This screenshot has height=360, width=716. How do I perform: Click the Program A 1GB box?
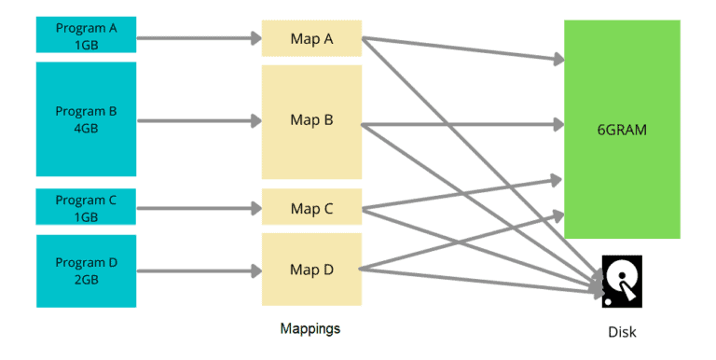pos(86,35)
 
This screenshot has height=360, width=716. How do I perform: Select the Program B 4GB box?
pos(86,118)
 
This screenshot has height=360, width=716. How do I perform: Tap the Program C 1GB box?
pos(86,207)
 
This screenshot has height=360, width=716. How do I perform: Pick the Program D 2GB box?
pos(86,270)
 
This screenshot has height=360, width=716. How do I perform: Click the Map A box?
pos(311,38)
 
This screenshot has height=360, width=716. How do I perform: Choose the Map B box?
pos(311,120)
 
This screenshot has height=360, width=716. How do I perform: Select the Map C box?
pos(311,207)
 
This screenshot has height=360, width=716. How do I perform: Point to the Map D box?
pos(311,270)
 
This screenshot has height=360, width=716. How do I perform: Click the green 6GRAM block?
pos(622,129)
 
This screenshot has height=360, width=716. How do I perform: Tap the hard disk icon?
pos(621,281)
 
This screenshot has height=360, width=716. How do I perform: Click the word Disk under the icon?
pos(622,332)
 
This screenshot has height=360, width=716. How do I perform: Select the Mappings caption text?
pos(310,329)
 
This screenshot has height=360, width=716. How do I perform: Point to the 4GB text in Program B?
pos(86,128)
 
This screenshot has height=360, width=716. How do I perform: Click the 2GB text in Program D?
pos(86,279)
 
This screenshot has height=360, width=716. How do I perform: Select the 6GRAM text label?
pos(622,131)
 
